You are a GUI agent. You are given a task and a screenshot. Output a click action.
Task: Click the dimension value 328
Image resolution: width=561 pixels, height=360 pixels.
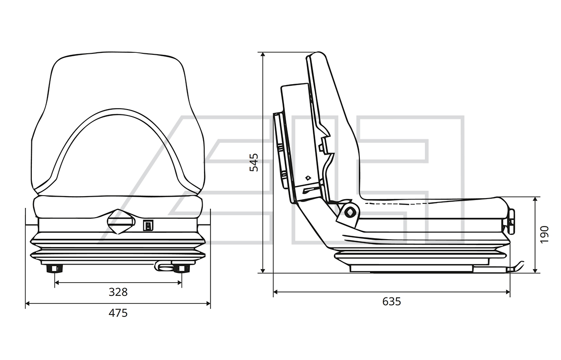[118, 292]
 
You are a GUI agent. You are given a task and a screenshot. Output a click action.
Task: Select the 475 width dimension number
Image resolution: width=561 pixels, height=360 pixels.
[118, 313]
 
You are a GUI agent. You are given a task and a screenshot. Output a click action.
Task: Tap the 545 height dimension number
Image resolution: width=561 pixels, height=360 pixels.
[254, 163]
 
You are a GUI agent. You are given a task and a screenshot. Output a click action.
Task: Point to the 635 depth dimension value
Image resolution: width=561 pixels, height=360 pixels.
[392, 302]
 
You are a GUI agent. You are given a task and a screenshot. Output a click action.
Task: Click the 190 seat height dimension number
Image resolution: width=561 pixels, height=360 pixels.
[544, 234]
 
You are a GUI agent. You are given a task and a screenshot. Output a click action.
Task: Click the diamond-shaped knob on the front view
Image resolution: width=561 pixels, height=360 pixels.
[118, 222]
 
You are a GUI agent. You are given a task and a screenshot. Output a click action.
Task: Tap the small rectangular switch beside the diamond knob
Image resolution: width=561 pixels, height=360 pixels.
[148, 225]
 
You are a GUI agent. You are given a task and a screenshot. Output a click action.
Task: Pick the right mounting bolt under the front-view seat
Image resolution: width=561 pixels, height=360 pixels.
[181, 268]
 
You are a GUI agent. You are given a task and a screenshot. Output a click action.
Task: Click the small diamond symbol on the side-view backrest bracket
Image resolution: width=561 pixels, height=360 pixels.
[308, 178]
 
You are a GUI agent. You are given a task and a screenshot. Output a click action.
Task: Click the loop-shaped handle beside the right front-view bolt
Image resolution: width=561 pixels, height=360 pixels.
[163, 267]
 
